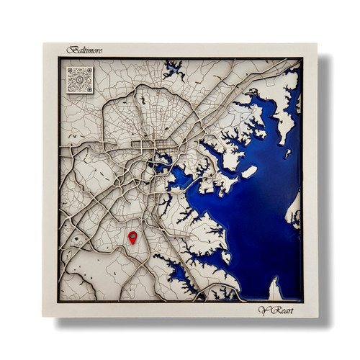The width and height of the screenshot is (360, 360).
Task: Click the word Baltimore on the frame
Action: pyautogui.click(x=85, y=50)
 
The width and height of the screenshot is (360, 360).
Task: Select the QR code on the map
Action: pyautogui.click(x=79, y=79)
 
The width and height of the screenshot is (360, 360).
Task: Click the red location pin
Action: pyautogui.click(x=132, y=237)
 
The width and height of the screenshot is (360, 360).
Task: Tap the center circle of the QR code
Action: pyautogui.click(x=79, y=79)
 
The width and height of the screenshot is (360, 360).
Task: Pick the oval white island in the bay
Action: pyautogui.click(x=249, y=173)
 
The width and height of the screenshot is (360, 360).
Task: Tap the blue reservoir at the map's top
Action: pyautogui.click(x=173, y=70)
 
